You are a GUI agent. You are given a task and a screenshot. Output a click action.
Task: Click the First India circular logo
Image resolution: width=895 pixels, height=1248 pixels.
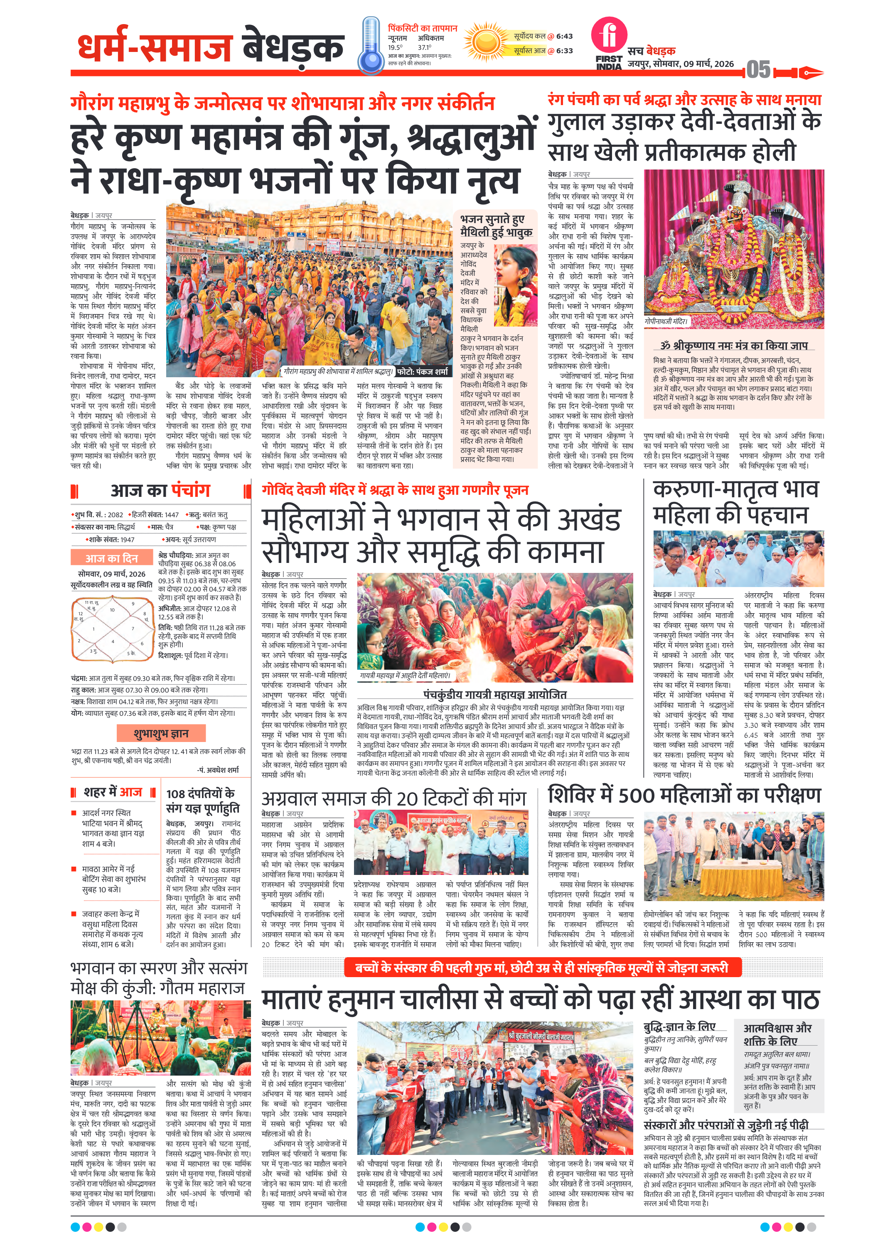[x=609, y=35]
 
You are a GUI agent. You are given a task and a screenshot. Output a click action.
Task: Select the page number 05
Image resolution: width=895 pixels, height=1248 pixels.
[x=758, y=70]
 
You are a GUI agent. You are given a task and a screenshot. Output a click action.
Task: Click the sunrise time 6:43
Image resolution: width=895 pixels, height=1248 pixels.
[x=564, y=36]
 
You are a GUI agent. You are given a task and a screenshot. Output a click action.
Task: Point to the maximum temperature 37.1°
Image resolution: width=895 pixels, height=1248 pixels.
[x=424, y=47]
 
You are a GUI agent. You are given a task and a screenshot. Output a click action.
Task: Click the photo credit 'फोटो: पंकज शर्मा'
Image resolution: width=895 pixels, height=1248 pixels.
[x=422, y=371]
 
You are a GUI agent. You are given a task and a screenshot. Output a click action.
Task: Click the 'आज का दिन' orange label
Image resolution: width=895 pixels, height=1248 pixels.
[x=111, y=558]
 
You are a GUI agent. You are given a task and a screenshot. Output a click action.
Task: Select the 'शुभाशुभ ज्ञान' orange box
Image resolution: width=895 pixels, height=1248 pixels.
[x=161, y=733]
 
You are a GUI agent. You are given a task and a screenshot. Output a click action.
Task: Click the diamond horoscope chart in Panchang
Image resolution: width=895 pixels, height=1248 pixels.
[x=112, y=630]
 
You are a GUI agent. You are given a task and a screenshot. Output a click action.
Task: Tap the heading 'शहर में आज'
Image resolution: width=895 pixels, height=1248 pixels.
[x=113, y=792]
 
